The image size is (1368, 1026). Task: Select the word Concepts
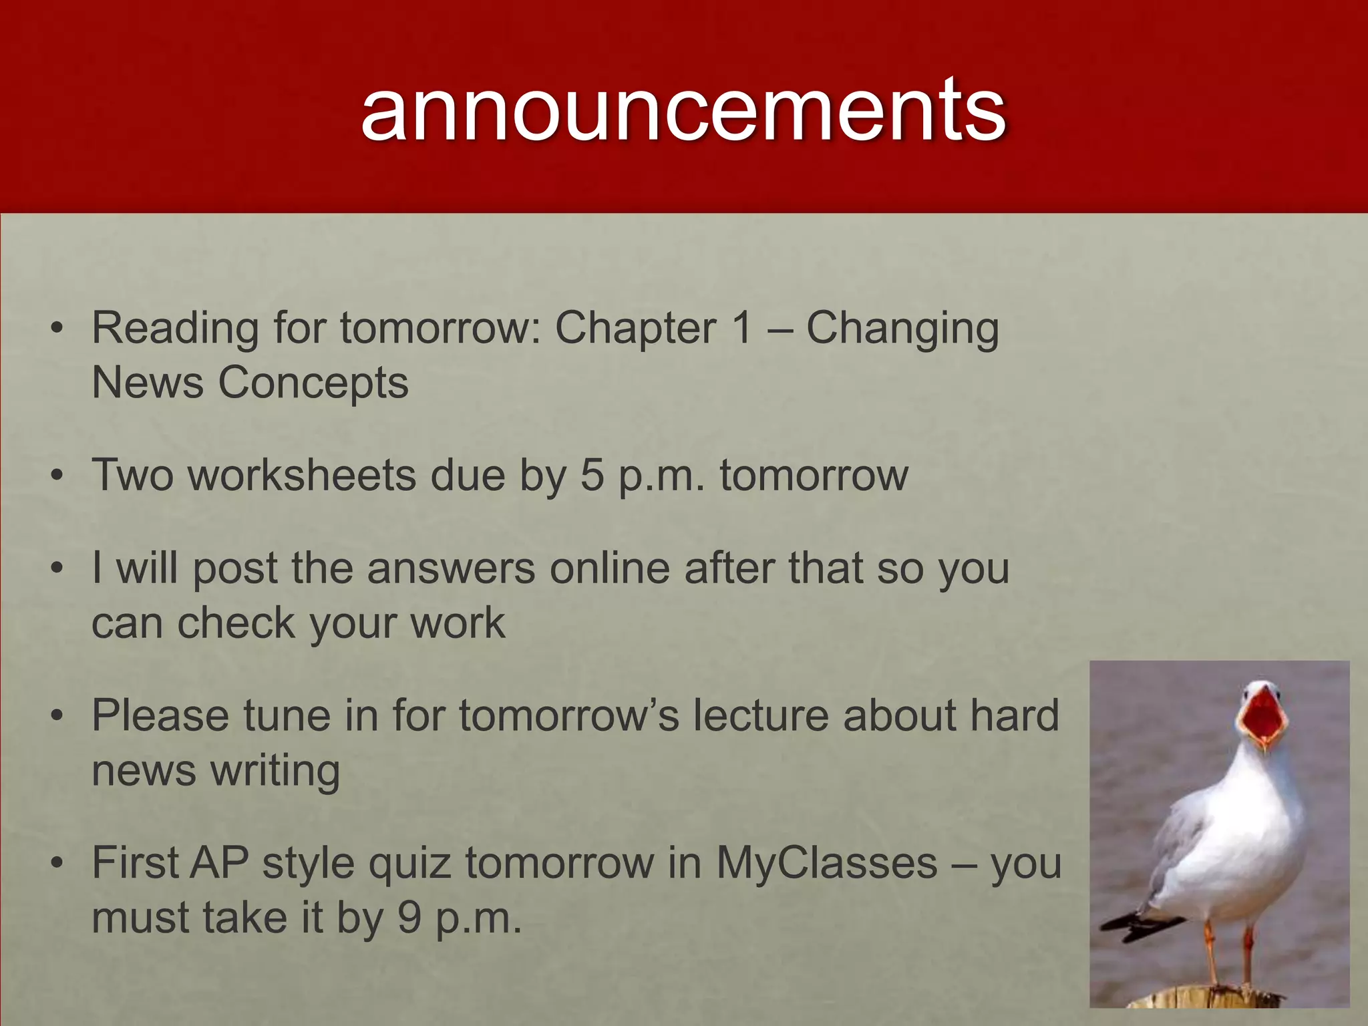(x=313, y=383)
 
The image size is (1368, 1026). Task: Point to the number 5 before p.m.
(x=592, y=475)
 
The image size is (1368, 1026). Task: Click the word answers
(x=451, y=568)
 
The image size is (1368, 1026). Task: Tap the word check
(x=235, y=623)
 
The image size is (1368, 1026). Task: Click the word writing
(x=275, y=770)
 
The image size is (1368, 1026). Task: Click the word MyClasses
(x=827, y=862)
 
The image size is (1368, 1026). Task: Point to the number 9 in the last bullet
(x=409, y=917)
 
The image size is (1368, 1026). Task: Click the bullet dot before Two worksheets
(x=58, y=476)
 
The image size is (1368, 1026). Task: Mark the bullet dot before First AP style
(x=58, y=864)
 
